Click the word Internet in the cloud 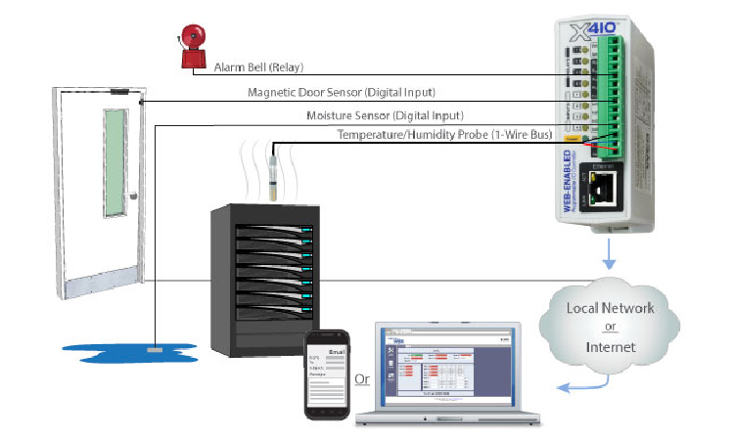609,346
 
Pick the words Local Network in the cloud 610,309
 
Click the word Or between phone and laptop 361,378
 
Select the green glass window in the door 115,161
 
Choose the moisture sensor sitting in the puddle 154,346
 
